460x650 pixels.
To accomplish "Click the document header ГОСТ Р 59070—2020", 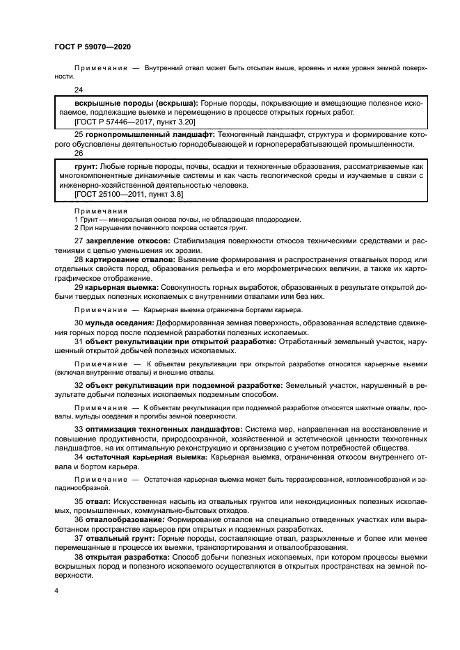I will click(93, 47).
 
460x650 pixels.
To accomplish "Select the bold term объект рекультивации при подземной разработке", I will click(183, 384).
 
